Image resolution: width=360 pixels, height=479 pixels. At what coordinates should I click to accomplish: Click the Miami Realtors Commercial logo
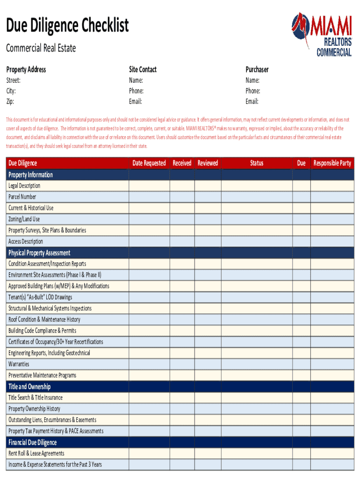[x=322, y=34]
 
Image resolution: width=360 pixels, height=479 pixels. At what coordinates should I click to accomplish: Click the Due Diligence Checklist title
[x=67, y=26]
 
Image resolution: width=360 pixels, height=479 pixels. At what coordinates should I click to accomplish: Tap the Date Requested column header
[x=149, y=163]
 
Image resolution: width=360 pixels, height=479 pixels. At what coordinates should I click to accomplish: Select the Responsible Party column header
[x=332, y=163]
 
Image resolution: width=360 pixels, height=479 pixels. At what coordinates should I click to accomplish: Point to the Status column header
[x=256, y=163]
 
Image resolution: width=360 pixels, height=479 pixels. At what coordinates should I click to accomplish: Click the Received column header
[x=182, y=163]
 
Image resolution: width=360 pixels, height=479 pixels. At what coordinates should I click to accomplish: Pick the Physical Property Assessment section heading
[x=39, y=253]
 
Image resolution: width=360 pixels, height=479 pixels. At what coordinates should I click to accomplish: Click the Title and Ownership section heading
[x=29, y=386]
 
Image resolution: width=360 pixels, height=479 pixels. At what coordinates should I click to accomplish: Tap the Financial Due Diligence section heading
[x=32, y=442]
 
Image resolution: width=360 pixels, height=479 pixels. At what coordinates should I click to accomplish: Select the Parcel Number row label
[x=22, y=197]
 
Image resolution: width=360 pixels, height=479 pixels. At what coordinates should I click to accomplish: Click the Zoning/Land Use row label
[x=24, y=219]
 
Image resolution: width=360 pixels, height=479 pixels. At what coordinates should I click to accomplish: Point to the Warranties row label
[x=19, y=364]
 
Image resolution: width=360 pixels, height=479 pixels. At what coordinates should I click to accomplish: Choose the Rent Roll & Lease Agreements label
[x=36, y=453]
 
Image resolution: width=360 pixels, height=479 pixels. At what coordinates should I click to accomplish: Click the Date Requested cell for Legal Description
[x=149, y=186]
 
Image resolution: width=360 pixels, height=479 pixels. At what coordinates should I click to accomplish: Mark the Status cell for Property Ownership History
[x=256, y=409]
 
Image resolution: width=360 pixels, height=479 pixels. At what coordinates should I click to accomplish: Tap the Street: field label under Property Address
[x=13, y=80]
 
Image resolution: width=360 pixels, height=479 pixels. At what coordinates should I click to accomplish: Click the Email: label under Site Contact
[x=136, y=102]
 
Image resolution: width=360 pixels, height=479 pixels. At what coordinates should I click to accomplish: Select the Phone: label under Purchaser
[x=253, y=91]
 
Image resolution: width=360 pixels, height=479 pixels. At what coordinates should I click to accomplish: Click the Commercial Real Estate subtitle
[x=41, y=48]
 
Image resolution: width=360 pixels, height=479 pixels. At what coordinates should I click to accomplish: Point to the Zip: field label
[x=10, y=102]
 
